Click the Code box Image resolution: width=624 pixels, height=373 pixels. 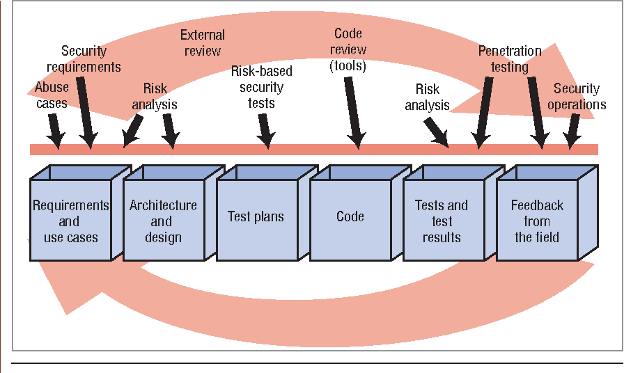pyautogui.click(x=350, y=217)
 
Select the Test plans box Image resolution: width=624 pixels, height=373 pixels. pyautogui.click(x=256, y=217)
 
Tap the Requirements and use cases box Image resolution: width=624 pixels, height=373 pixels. pyautogui.click(x=70, y=221)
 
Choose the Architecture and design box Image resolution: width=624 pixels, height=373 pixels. pyautogui.click(x=163, y=221)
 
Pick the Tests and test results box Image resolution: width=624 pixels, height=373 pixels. pyautogui.click(x=442, y=221)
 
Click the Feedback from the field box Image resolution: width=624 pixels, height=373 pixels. pyautogui.click(x=537, y=221)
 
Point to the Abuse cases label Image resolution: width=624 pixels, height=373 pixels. pyautogui.click(x=52, y=96)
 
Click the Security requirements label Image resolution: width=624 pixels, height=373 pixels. pyautogui.click(x=91, y=59)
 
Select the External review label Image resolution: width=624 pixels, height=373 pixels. pyautogui.click(x=203, y=42)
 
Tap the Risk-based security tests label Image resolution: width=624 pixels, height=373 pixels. pyautogui.click(x=261, y=87)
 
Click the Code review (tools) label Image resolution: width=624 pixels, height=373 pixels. pyautogui.click(x=348, y=50)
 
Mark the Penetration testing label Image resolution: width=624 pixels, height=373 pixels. pyautogui.click(x=510, y=59)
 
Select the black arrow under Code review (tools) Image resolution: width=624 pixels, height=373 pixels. pyautogui.click(x=352, y=111)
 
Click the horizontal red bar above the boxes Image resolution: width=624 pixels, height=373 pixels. pyautogui.click(x=313, y=150)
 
